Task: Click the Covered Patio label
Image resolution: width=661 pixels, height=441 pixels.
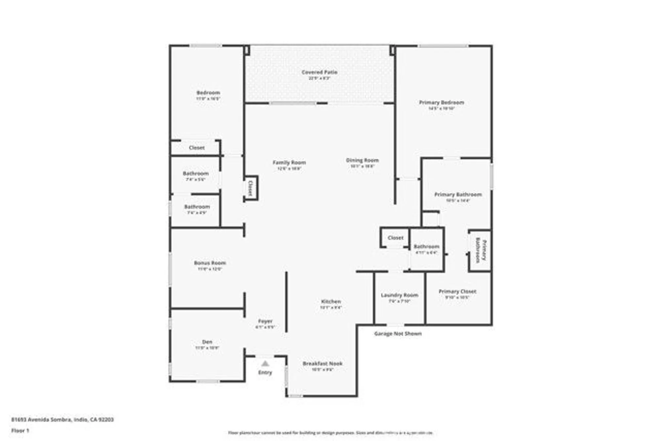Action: tap(319, 72)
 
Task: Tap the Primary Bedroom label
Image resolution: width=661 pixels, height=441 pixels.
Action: tap(442, 103)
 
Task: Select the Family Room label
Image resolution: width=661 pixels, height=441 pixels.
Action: tap(289, 163)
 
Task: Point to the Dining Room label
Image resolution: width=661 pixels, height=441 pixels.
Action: tap(362, 160)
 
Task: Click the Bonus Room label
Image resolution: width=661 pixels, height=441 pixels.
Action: tap(210, 263)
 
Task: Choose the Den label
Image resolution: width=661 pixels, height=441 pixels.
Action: tap(207, 342)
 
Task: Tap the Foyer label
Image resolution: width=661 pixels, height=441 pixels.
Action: tap(265, 321)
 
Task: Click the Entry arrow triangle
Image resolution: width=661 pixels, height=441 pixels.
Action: tap(265, 364)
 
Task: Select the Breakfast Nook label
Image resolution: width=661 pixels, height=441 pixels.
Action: tap(323, 364)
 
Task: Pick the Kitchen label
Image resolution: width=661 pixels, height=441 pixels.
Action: tap(331, 301)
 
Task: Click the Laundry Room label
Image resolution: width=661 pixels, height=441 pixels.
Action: tap(400, 295)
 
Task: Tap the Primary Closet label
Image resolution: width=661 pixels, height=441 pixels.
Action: tap(457, 292)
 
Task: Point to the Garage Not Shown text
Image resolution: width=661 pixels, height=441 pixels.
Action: tap(398, 334)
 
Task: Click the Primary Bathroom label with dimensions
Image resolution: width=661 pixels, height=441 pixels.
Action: tap(458, 195)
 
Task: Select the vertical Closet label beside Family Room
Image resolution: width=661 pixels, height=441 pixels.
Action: tap(251, 188)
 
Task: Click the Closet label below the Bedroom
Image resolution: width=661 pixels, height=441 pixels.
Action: tap(197, 148)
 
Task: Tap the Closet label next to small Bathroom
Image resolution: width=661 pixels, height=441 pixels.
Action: tap(395, 238)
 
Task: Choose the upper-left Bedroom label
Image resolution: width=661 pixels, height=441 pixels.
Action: tap(208, 93)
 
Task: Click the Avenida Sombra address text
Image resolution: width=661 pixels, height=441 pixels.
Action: tap(62, 420)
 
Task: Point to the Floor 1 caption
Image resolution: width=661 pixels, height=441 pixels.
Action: tap(20, 431)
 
